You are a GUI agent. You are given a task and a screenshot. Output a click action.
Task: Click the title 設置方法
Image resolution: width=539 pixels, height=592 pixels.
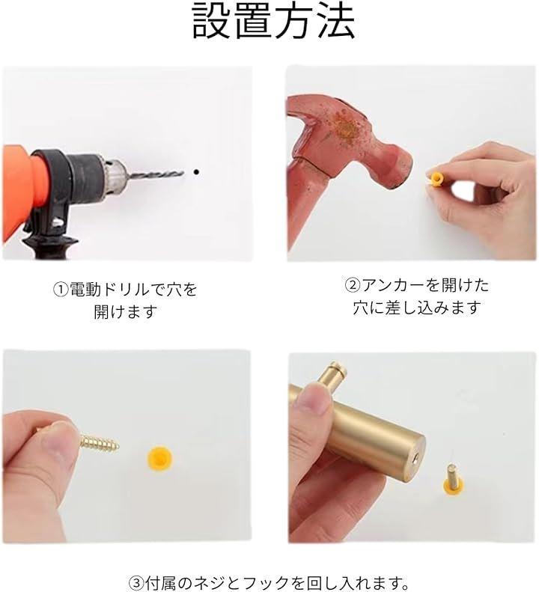tap(273, 22)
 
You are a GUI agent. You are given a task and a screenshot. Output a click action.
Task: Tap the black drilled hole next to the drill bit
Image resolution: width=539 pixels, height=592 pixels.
tap(196, 172)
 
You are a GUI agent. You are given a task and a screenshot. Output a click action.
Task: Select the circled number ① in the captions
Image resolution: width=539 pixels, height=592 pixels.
tap(60, 290)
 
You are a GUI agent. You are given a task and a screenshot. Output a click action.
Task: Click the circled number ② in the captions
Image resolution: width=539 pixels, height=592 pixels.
tap(353, 285)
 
